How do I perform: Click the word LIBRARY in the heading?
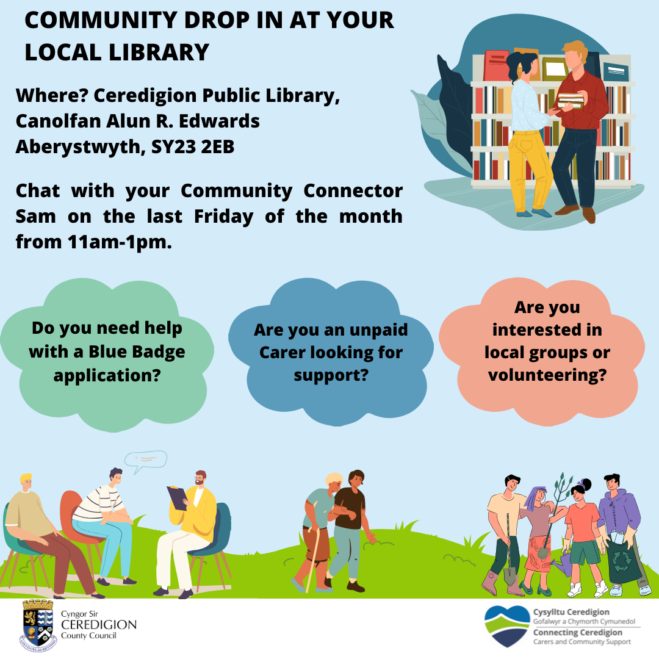click(x=159, y=52)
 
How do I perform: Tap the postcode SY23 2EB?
click(x=192, y=146)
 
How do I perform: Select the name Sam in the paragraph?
click(x=36, y=217)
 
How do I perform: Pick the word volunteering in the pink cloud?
click(x=547, y=375)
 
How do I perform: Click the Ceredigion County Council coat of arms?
click(x=38, y=626)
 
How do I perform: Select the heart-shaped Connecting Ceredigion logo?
click(x=507, y=626)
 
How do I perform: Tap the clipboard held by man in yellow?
click(x=178, y=498)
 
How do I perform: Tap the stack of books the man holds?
click(x=571, y=100)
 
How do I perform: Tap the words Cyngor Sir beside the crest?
click(x=79, y=614)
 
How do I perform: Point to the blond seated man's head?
click(x=26, y=481)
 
